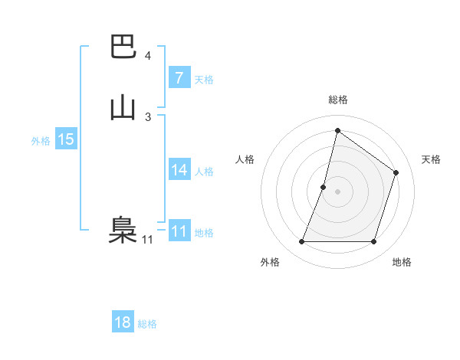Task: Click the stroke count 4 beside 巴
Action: (148, 56)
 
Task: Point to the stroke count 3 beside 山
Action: (148, 116)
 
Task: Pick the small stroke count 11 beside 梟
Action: (147, 240)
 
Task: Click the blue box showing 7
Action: (179, 78)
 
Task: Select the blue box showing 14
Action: (179, 170)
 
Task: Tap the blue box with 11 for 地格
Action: (179, 231)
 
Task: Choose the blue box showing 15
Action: (65, 139)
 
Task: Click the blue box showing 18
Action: (123, 322)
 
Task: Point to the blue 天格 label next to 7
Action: (204, 80)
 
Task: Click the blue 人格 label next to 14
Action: (204, 172)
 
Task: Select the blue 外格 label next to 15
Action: (41, 141)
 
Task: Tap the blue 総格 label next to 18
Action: (147, 324)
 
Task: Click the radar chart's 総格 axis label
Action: (337, 100)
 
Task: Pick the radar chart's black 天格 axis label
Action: (431, 159)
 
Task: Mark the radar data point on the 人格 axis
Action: (324, 187)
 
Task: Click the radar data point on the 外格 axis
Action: (301, 242)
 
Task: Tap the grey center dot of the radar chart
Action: (337, 191)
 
